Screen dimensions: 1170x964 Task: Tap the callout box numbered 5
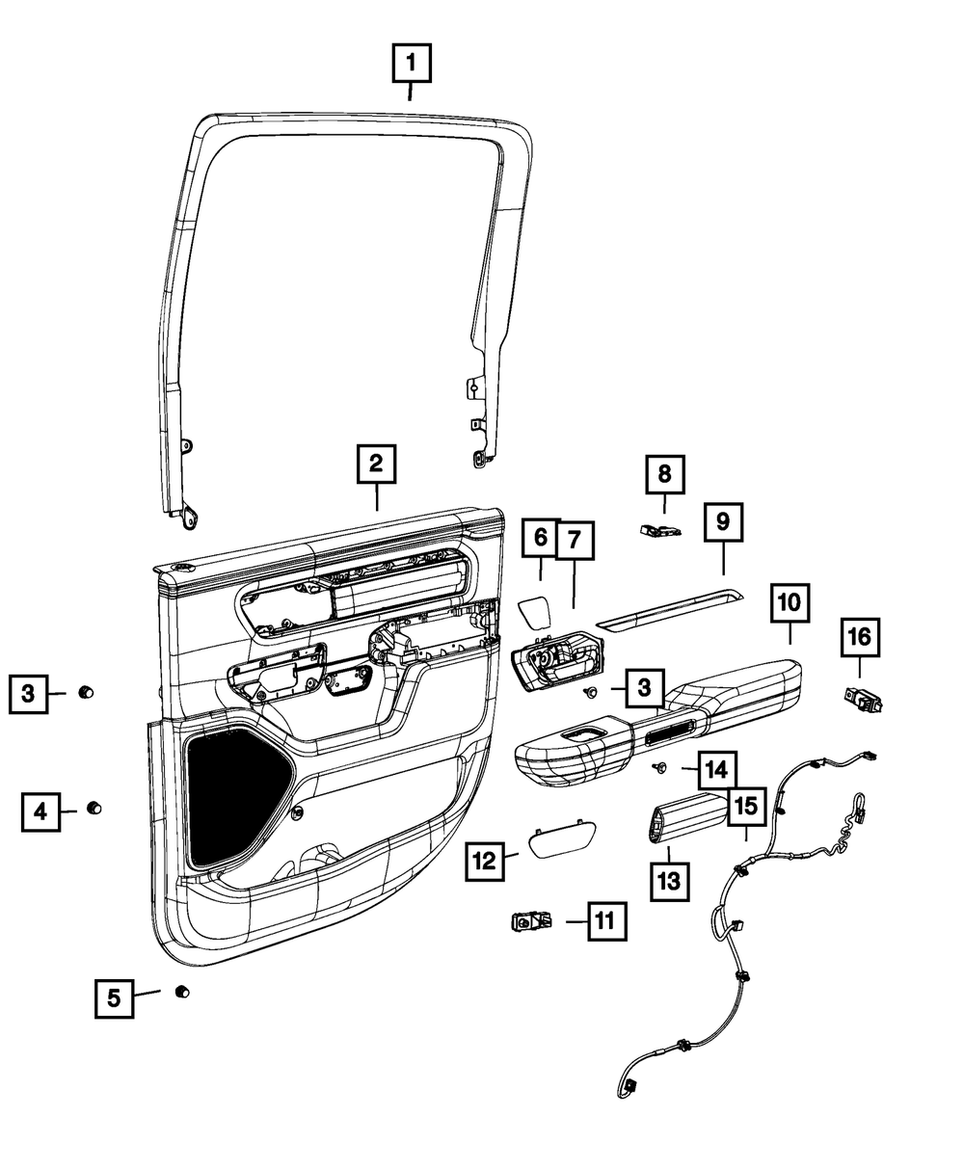tap(114, 997)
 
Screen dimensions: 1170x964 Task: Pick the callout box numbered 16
tap(859, 636)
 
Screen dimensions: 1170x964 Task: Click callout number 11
tap(602, 921)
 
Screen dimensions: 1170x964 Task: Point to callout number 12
tap(484, 861)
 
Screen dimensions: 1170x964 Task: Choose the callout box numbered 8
tap(664, 473)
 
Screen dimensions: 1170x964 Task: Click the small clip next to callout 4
tap(95, 808)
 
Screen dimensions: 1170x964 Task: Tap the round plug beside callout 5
tap(180, 992)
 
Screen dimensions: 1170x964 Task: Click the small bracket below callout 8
tap(660, 529)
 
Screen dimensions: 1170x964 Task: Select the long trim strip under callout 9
tap(670, 610)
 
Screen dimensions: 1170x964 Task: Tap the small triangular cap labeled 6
tap(533, 611)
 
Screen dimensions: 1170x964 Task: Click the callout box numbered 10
tap(790, 603)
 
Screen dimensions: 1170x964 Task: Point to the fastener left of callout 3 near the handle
tap(590, 693)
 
